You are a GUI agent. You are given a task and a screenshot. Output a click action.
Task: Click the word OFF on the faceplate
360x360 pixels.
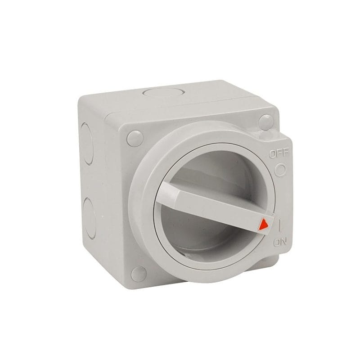point(279,153)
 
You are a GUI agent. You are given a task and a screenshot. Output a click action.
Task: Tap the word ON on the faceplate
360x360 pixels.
point(280,243)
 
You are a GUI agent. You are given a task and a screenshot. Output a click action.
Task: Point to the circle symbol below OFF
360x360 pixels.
point(280,170)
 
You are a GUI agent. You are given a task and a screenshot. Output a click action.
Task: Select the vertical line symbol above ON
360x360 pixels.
point(279,225)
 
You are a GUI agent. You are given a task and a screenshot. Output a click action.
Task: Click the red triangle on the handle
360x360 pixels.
point(263,224)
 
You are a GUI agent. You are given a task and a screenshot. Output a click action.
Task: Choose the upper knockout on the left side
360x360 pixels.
point(86,144)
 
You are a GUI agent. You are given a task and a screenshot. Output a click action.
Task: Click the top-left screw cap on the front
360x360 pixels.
point(135,139)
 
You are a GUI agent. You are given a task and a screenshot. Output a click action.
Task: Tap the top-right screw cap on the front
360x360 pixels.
point(266,122)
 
